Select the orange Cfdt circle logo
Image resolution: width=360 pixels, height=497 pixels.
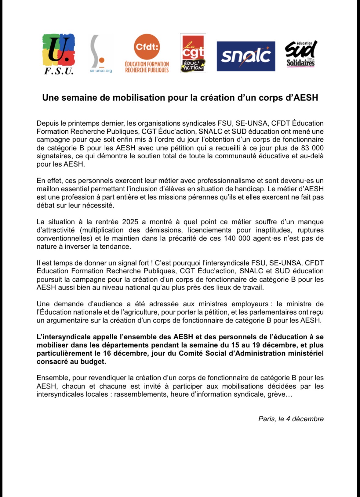point(147,47)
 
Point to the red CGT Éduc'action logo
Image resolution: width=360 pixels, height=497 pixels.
point(193,53)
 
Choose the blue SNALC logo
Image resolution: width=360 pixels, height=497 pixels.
point(246,56)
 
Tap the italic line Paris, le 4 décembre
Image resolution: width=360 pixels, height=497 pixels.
point(291,419)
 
